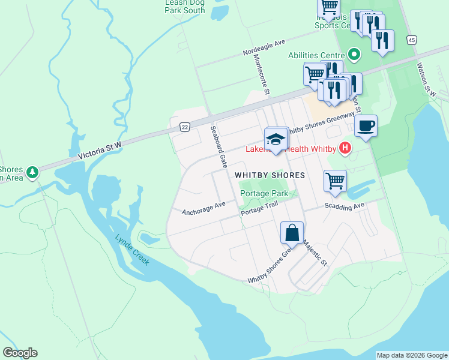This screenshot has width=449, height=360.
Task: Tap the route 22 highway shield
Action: pyautogui.click(x=184, y=127)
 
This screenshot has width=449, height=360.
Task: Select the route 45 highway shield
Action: pyautogui.click(x=411, y=40)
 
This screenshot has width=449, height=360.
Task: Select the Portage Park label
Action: pyautogui.click(x=264, y=193)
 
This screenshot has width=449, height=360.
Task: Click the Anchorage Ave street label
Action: pyautogui.click(x=203, y=208)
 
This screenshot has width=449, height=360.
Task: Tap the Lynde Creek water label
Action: pyautogui.click(x=133, y=250)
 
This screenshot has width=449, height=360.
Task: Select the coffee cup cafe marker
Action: pyautogui.click(x=365, y=126)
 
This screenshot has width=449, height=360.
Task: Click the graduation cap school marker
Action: pyautogui.click(x=276, y=139)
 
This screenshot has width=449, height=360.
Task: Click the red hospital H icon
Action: pyautogui.click(x=345, y=148)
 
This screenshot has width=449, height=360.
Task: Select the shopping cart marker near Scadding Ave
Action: pyautogui.click(x=335, y=180)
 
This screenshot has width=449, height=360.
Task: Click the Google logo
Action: pyautogui.click(x=20, y=353)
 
